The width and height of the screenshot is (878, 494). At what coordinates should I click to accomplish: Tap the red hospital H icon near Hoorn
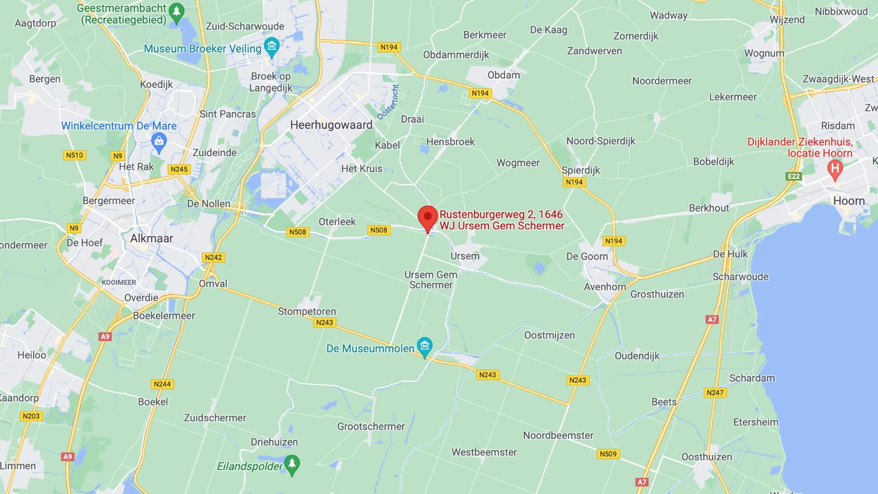coord(835,169)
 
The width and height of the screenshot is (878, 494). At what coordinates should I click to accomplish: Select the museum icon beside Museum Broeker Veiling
coord(272,47)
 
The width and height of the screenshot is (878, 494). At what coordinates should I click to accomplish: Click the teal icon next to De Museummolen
coord(425,347)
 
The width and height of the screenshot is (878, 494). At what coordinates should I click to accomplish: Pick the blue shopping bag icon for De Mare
coord(159,141)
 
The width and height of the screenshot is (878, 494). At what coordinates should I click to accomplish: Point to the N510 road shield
coord(74,155)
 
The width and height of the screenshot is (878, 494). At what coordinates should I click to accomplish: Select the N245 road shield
coord(179,169)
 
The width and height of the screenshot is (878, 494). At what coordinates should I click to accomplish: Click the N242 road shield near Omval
coord(213,257)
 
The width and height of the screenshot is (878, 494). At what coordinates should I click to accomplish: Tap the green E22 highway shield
coord(794,176)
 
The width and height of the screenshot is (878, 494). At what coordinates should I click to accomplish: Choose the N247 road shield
coord(715,393)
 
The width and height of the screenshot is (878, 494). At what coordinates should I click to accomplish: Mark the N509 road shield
coord(608,454)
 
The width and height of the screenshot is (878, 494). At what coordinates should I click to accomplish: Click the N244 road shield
coord(162,384)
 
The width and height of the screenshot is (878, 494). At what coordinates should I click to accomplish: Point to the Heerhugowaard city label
coord(331,125)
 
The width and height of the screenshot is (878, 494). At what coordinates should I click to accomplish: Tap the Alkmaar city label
coord(151,238)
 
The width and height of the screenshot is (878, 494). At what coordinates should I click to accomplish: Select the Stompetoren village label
coord(307,311)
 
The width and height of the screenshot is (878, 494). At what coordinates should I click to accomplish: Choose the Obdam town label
coord(503,75)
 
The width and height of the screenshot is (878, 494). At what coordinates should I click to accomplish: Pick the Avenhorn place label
coord(605,287)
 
